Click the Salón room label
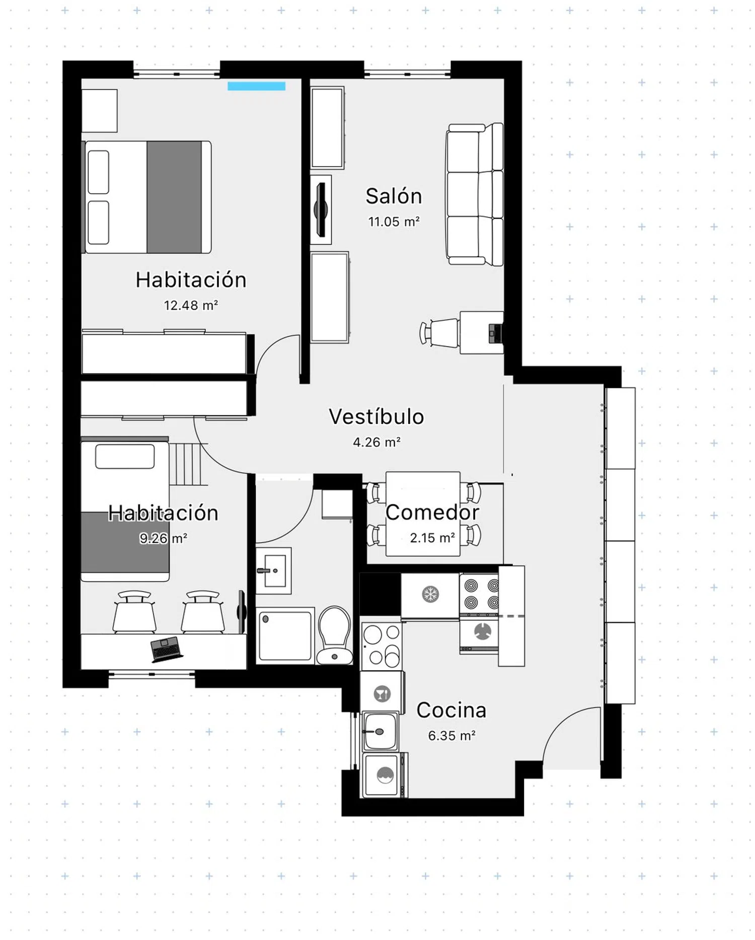pos(394,196)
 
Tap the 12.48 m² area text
pos(191,305)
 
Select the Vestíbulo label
pos(376,416)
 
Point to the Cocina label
pos(451,710)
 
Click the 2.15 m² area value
pos(432,538)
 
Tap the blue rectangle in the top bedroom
pos(256,86)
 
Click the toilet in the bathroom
pos(335,634)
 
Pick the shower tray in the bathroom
pos(285,635)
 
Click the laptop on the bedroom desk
pos(166,648)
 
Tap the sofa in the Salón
pos(474,194)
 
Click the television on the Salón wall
pos(321,209)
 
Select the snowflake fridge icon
pos(430,594)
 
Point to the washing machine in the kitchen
pos(385,775)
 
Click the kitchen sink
pos(380,732)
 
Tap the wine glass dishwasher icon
pos(383,694)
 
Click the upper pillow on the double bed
pos(98,172)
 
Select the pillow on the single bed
pos(125,456)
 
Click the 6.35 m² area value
pos(451,736)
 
